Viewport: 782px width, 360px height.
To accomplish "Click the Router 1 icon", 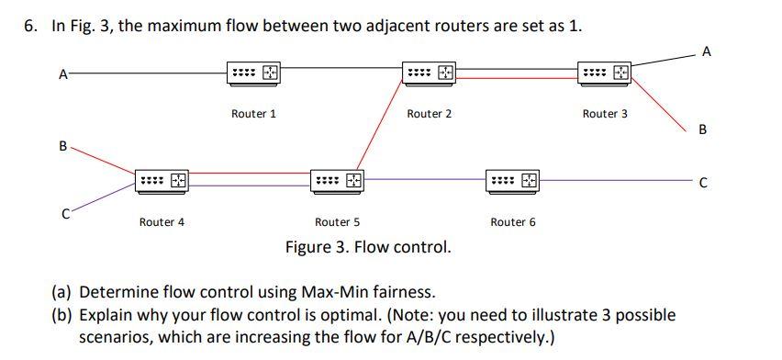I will coord(253,72).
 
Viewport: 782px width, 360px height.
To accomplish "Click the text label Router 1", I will coord(253,114).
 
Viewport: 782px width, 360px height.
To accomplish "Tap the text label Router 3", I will coord(606,114).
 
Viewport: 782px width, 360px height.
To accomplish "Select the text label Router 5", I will coord(338,222).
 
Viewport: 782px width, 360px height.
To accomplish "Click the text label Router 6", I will coord(514,222).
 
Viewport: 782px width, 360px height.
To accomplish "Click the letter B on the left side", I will coord(61,145).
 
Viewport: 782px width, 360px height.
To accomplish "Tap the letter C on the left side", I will coord(65,216).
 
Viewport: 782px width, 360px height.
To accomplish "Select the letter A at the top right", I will coord(707,52).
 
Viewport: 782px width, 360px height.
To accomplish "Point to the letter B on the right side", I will coord(702,129).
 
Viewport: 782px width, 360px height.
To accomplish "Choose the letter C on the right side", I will coord(702,183).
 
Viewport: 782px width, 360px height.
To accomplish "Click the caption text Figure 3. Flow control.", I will coord(367,247).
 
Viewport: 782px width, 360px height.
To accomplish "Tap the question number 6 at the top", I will coord(30,26).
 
